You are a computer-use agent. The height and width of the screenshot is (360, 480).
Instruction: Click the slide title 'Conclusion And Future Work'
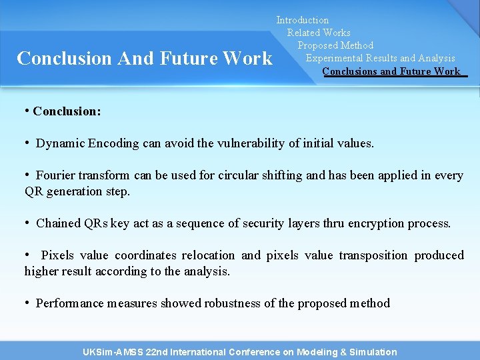144,59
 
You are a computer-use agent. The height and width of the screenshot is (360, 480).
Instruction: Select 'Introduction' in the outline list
303,21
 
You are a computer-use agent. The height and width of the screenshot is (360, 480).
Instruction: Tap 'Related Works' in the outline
319,33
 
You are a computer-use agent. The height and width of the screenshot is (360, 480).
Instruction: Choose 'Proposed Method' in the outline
335,45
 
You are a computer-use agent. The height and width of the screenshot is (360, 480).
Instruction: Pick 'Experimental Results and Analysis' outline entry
380,58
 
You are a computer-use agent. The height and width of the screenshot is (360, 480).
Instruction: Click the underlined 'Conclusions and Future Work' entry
391,71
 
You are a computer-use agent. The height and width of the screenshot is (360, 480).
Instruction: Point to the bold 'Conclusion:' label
67,111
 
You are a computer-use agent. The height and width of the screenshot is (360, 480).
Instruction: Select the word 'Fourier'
55,175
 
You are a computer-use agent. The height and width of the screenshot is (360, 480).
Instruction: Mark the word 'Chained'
59,223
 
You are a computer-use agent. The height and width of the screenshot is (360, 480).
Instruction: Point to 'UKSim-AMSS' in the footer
111,352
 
